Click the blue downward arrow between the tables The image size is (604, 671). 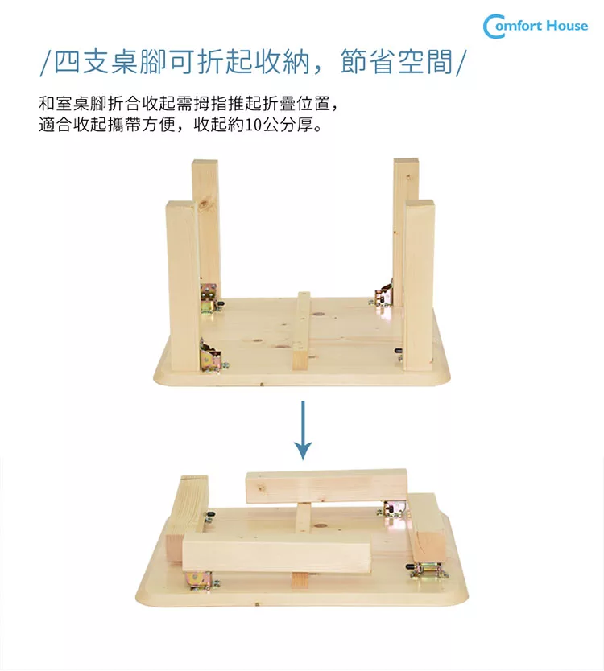tap(302, 430)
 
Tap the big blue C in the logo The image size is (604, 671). tap(493, 26)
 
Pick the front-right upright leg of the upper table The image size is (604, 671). tap(419, 282)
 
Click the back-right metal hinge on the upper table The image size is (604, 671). tap(385, 296)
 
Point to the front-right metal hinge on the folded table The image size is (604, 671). tap(428, 570)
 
